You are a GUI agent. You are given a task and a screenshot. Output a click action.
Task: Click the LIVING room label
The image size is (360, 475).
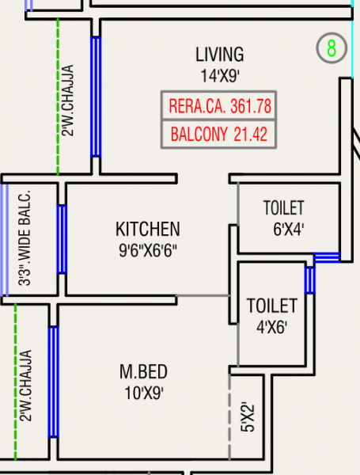pos(219,55)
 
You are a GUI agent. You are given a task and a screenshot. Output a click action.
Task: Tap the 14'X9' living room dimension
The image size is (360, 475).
pos(219,76)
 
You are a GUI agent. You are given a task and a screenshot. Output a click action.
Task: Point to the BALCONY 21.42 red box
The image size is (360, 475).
pos(219,134)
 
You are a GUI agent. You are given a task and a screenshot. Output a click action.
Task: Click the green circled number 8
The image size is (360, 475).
pos(332,48)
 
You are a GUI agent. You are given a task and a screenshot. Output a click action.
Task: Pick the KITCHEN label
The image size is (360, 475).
pos(148,230)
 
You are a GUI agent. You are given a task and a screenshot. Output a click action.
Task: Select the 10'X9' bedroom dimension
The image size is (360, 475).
pos(144,392)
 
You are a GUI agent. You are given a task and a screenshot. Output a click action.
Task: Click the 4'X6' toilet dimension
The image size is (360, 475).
pos(272,325)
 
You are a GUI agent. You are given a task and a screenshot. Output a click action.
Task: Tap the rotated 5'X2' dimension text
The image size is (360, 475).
pos(248,415)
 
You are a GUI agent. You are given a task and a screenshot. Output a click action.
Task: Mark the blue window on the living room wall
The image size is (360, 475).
pos(96,96)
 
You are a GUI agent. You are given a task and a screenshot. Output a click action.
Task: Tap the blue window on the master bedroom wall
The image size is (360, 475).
pos(53,381)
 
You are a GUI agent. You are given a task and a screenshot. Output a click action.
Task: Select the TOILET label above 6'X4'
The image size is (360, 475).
pos(283,209)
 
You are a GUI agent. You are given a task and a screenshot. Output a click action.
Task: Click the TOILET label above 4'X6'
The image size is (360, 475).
pos(271,306)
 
